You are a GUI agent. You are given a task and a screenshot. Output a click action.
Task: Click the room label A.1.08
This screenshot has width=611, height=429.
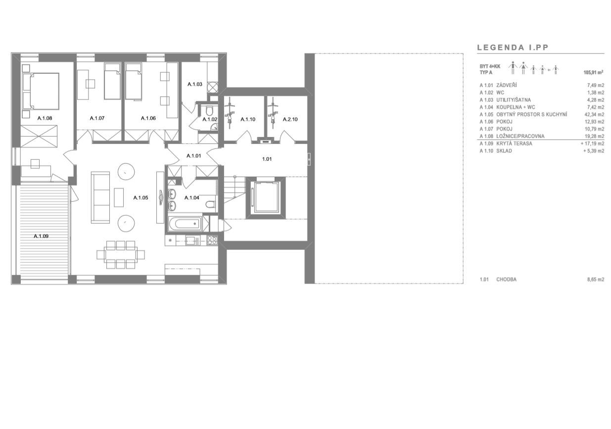(45, 118)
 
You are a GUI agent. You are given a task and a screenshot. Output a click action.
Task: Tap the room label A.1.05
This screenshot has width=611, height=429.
(141, 198)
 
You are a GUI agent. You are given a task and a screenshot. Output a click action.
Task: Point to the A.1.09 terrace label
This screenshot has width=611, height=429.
(41, 236)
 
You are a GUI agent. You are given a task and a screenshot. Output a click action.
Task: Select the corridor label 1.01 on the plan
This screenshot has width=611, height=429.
(267, 159)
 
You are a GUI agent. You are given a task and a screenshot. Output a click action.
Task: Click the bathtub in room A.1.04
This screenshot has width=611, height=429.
(185, 224)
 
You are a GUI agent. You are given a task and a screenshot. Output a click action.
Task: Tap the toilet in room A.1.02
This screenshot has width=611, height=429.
(209, 111)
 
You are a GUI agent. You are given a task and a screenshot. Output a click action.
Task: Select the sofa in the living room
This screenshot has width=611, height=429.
(100, 197)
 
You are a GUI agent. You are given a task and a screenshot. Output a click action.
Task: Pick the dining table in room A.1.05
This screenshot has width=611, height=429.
(121, 255)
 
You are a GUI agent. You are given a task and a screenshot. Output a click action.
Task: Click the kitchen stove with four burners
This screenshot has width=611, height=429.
(212, 240)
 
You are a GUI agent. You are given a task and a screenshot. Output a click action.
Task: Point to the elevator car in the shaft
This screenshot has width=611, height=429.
(266, 197)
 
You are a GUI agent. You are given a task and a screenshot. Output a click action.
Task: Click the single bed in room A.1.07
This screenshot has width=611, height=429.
(112, 81)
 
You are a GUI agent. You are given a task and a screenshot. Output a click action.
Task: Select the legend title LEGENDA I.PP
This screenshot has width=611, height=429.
(513, 48)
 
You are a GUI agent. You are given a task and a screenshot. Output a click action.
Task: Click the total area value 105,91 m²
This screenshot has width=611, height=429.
(593, 73)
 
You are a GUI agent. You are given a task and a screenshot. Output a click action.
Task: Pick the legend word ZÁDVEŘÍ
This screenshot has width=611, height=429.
(507, 86)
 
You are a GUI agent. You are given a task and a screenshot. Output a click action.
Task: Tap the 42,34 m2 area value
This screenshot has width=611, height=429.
(594, 114)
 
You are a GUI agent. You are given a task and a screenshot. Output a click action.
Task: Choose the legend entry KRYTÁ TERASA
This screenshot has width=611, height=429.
(514, 143)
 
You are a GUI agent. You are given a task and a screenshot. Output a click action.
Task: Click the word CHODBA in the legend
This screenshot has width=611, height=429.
(506, 280)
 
